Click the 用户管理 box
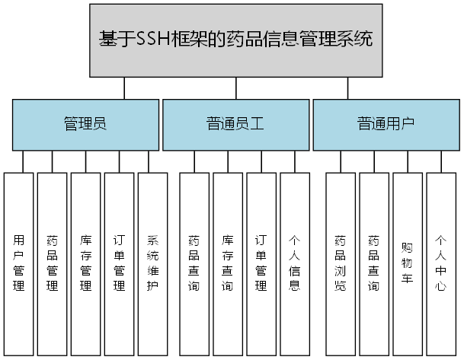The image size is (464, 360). (19, 263)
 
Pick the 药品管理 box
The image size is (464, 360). (53, 263)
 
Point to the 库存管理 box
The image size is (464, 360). (86, 263)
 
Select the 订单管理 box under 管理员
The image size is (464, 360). (120, 263)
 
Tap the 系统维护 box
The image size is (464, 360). (153, 263)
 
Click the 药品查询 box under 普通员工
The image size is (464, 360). (194, 263)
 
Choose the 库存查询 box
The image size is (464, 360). (228, 263)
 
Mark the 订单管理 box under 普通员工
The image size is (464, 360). (261, 263)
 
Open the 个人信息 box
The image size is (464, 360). (295, 263)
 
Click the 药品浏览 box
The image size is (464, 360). (341, 263)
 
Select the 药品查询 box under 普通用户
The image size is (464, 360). (374, 263)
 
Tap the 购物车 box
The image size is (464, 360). (408, 263)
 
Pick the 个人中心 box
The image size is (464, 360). (441, 263)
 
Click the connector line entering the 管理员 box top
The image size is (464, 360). (123, 88)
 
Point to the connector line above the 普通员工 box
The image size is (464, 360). (235, 88)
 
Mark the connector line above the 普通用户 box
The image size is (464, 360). (347, 88)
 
